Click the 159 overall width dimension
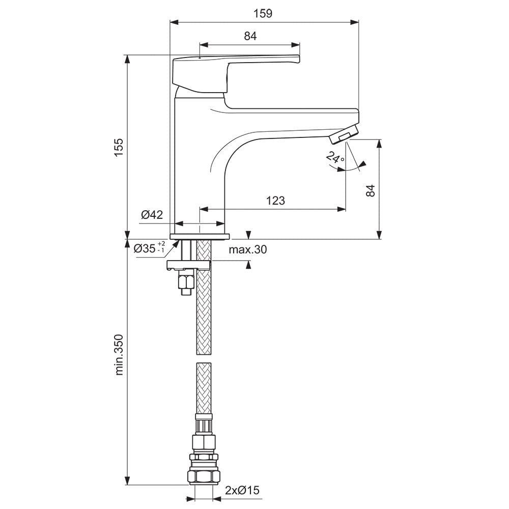(263, 13)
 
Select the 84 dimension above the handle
(250, 36)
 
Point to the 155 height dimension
(119, 148)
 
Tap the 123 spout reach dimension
(275, 201)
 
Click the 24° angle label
(335, 158)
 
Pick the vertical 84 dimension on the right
(370, 190)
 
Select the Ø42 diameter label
(152, 214)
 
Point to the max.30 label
(248, 249)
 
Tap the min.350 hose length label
(119, 354)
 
